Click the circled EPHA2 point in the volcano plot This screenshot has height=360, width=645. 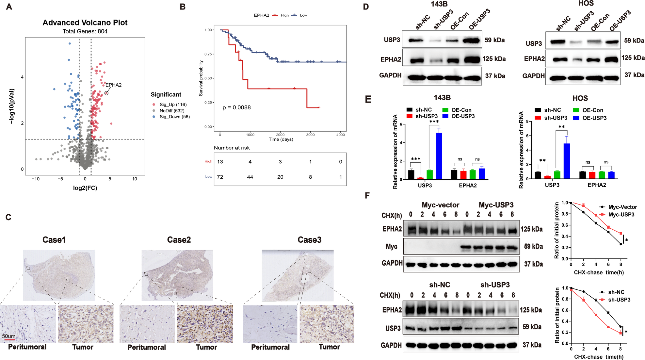click(x=106, y=93)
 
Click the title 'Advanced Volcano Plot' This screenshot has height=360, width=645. click(x=85, y=23)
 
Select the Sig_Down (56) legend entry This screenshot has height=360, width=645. click(x=174, y=117)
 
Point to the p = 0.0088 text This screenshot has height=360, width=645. click(x=236, y=107)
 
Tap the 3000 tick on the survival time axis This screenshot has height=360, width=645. click(x=310, y=135)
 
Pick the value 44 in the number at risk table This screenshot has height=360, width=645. click(x=250, y=177)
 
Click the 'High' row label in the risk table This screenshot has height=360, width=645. click(x=208, y=161)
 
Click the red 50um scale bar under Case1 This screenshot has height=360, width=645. click(x=9, y=340)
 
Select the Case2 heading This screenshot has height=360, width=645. click(x=179, y=240)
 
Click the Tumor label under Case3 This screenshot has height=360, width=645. click(x=329, y=347)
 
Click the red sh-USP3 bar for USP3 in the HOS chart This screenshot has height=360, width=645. click(x=547, y=177)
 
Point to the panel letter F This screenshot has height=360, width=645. click(x=367, y=195)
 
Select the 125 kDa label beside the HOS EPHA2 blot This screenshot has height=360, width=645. click(x=633, y=58)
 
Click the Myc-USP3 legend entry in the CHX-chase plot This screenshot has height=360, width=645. click(x=621, y=215)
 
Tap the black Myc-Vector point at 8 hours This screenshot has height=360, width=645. click(x=621, y=244)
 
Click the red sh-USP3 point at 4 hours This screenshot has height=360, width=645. click(x=596, y=315)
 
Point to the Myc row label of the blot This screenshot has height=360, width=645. click(x=391, y=247)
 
